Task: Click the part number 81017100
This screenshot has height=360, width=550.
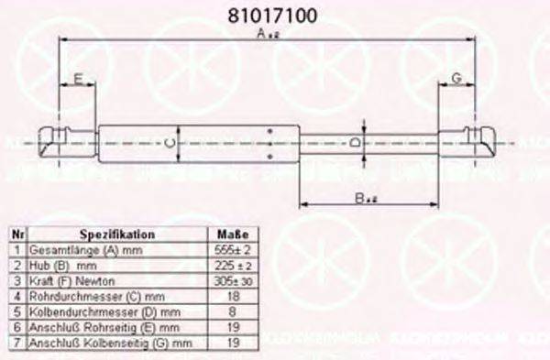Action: [272, 16]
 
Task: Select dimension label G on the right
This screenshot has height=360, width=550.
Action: [456, 81]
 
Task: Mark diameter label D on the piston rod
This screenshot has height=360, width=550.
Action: [356, 144]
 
